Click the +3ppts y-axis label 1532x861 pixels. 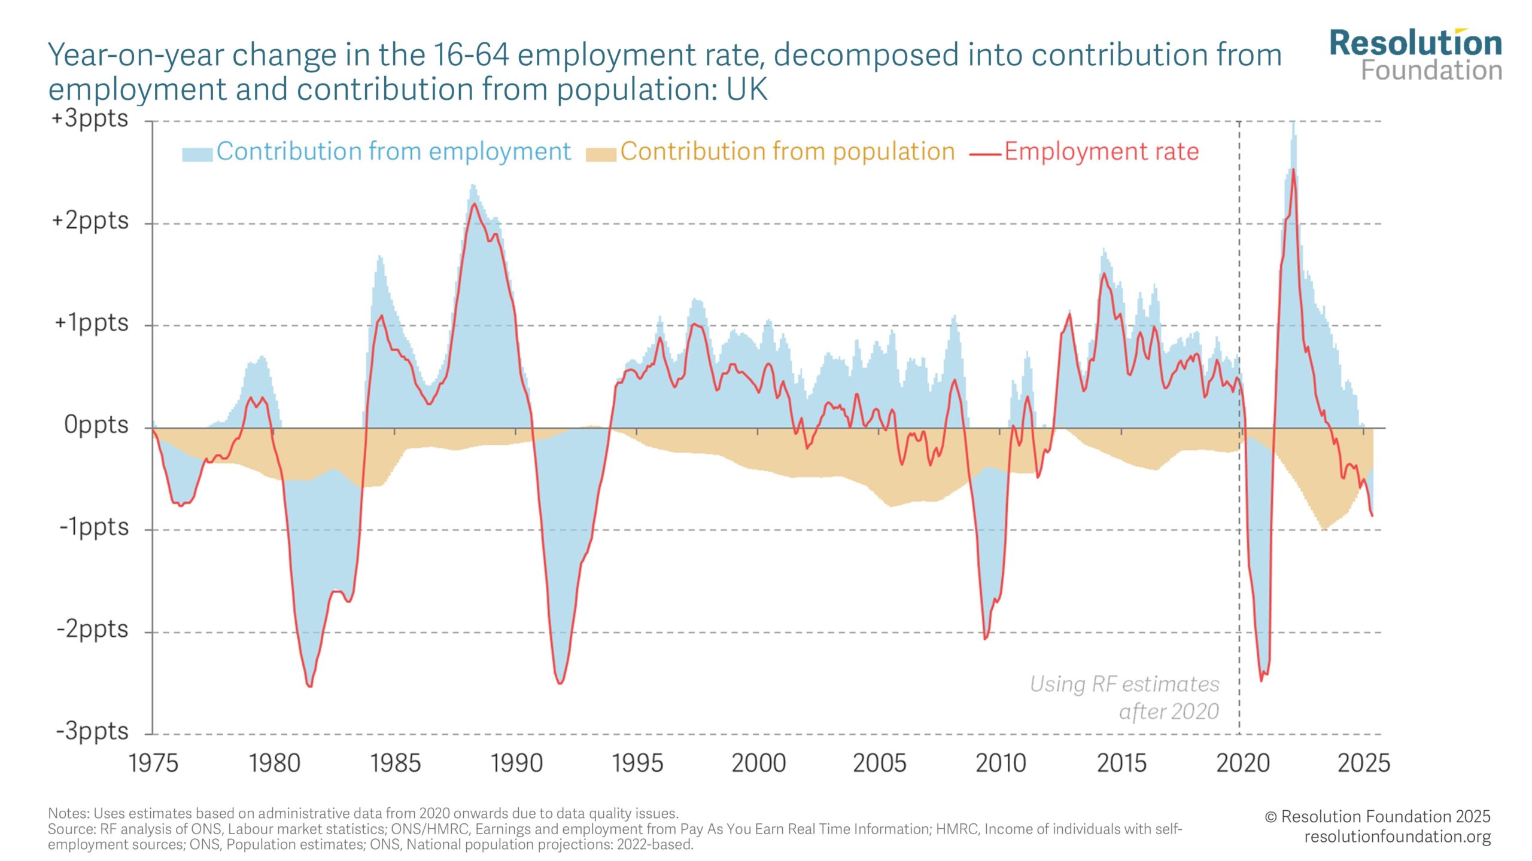pos(90,118)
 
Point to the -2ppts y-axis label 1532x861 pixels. pos(93,629)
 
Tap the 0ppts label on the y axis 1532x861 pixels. pos(96,425)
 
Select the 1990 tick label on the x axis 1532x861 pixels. pos(516,763)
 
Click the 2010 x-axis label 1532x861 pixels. pos(1001,763)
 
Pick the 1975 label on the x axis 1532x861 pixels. pos(154,763)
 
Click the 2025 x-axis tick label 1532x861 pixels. pos(1364,763)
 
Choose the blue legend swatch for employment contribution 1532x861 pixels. pos(197,154)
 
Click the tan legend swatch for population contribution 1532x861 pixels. pos(601,154)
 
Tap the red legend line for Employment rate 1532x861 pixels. pos(985,154)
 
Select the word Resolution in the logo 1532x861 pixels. pos(1415,44)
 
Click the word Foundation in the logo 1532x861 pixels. pos(1431,71)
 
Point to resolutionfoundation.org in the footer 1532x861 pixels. pos(1397,836)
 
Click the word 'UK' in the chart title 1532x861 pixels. pos(746,90)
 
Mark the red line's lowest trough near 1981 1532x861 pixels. pos(309,686)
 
